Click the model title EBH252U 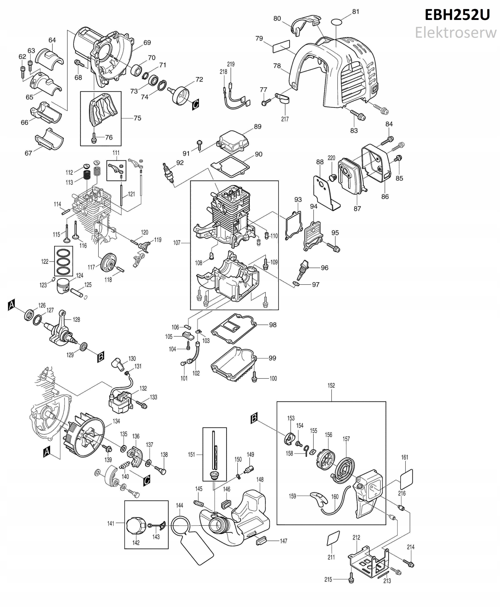[x=457, y=15]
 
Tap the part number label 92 [x=180, y=163]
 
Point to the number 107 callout [x=176, y=243]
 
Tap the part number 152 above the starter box [x=331, y=385]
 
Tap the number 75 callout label [x=137, y=118]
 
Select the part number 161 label [x=405, y=457]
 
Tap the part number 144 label [x=180, y=505]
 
